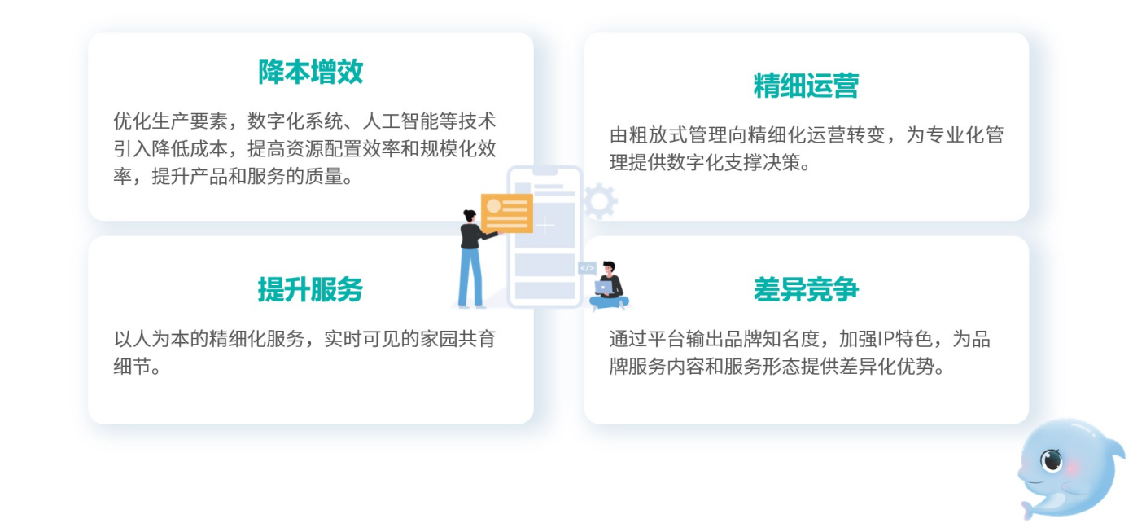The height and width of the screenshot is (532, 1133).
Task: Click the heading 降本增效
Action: (x=311, y=72)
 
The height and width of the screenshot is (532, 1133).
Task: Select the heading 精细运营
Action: (x=806, y=85)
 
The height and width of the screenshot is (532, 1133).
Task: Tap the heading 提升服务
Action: (x=311, y=289)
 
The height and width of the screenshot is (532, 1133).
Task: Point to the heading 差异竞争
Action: (x=806, y=289)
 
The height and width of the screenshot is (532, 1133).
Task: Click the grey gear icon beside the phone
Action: (x=600, y=201)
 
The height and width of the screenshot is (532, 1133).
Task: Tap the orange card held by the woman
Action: (x=507, y=213)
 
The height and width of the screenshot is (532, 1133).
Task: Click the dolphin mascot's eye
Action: (x=1052, y=460)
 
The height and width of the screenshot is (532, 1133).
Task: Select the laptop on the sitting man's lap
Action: (x=604, y=288)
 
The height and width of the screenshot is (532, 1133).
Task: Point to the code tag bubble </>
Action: (x=587, y=268)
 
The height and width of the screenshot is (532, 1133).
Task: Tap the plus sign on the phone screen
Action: (x=545, y=225)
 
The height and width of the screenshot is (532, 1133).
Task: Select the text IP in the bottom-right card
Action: (x=886, y=339)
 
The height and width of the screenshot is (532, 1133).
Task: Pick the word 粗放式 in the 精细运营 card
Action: (x=657, y=135)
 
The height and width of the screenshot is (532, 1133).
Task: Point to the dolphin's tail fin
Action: (x=1028, y=508)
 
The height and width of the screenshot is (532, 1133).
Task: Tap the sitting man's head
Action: (x=609, y=267)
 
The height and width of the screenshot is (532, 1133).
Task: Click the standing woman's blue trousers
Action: (x=470, y=277)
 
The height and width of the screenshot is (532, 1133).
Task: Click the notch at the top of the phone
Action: (x=545, y=172)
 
